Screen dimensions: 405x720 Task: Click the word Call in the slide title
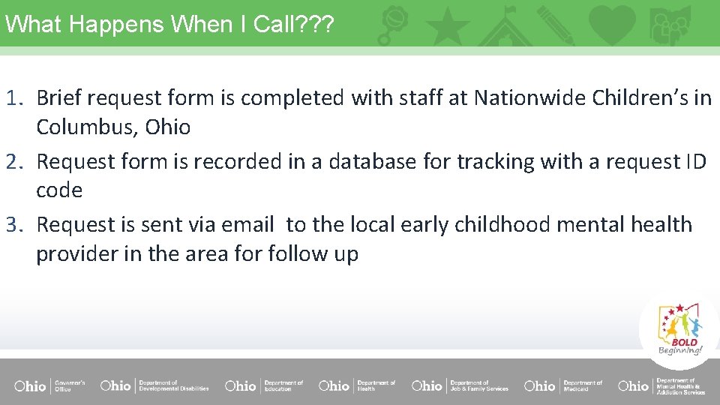click(x=274, y=24)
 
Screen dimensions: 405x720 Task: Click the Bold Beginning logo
click(x=679, y=329)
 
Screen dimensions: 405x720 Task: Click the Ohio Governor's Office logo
click(x=49, y=385)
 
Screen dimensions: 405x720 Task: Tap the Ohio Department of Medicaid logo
click(x=563, y=385)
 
